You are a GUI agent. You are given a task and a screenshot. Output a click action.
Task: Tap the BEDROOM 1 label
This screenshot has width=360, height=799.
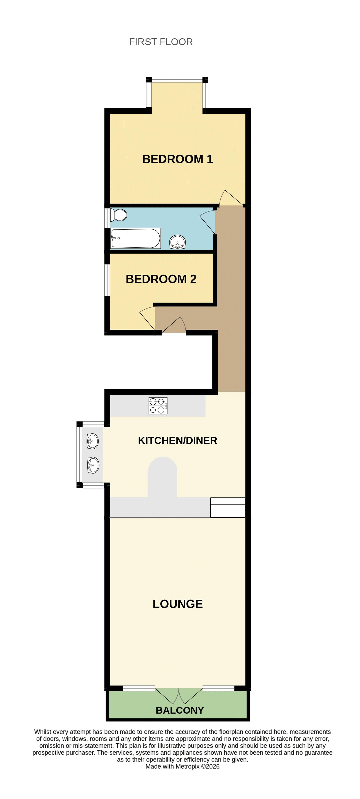(x=177, y=159)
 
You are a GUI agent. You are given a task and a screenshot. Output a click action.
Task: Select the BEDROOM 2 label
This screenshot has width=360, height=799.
(x=161, y=279)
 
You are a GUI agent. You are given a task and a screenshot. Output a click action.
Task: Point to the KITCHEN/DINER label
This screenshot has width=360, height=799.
(x=177, y=441)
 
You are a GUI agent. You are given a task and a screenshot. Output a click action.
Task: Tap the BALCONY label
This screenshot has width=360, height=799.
(x=180, y=710)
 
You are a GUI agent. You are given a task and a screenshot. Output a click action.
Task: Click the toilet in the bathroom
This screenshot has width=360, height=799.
(x=119, y=215)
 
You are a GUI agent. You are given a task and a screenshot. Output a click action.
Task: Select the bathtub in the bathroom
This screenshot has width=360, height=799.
(x=135, y=238)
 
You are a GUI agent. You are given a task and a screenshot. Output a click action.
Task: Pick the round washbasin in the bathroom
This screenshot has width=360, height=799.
(x=177, y=242)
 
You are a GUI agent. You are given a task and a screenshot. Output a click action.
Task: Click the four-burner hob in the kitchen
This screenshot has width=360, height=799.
(x=158, y=406)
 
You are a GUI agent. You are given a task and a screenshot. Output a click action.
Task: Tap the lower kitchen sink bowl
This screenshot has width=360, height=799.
(x=93, y=465)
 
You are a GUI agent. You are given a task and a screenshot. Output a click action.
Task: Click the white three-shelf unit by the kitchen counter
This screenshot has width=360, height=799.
(x=228, y=507)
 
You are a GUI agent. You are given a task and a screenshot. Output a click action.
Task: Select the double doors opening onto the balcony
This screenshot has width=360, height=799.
(x=179, y=696)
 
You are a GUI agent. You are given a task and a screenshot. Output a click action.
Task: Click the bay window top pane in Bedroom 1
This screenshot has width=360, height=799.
(x=177, y=80)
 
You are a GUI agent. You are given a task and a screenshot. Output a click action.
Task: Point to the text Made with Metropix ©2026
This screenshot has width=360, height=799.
(x=182, y=767)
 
